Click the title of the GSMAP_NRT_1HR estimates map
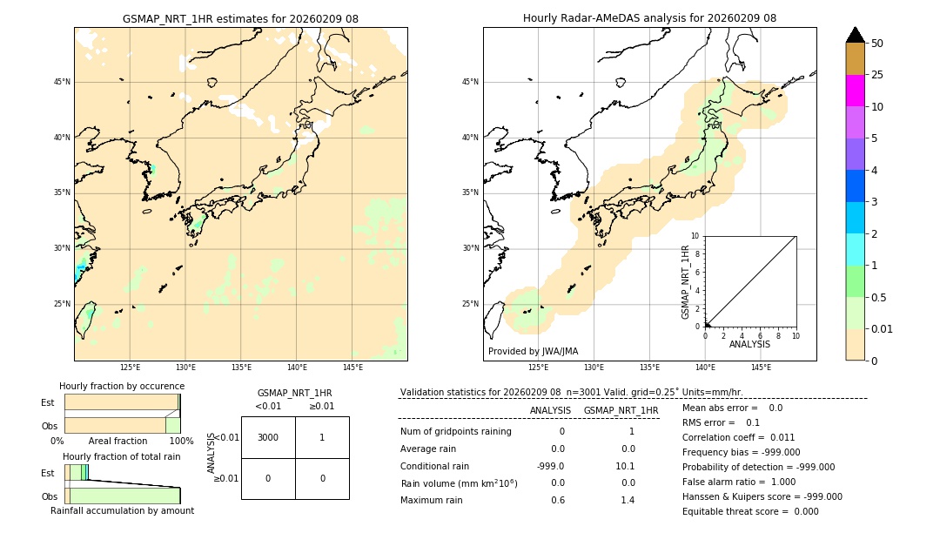[x=240, y=18]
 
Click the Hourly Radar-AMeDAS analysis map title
[x=649, y=18]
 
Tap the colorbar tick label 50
[x=877, y=44]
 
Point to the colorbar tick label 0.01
[x=883, y=329]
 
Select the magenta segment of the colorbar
[x=856, y=91]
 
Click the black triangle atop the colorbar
[x=856, y=35]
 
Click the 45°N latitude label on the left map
[x=62, y=82]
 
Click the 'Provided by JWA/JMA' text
[x=533, y=352]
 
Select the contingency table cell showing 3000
[x=268, y=437]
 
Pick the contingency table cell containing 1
[x=322, y=437]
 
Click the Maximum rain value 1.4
[x=627, y=500]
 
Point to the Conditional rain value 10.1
[x=626, y=465]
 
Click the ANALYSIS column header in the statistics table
[x=550, y=410]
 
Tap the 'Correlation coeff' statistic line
[x=738, y=437]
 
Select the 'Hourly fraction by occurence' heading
[x=122, y=386]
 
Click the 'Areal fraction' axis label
[x=118, y=442]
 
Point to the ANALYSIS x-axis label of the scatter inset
[x=749, y=344]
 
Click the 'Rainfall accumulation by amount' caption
[x=122, y=510]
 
